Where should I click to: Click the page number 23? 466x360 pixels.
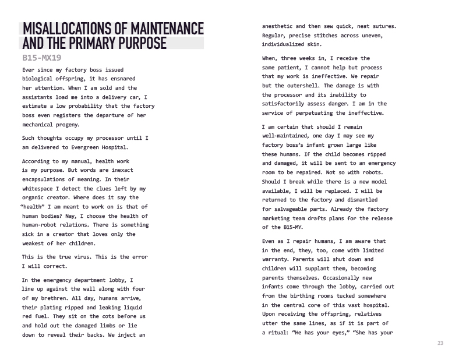[440, 344]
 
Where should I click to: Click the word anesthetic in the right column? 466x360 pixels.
[281, 26]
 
